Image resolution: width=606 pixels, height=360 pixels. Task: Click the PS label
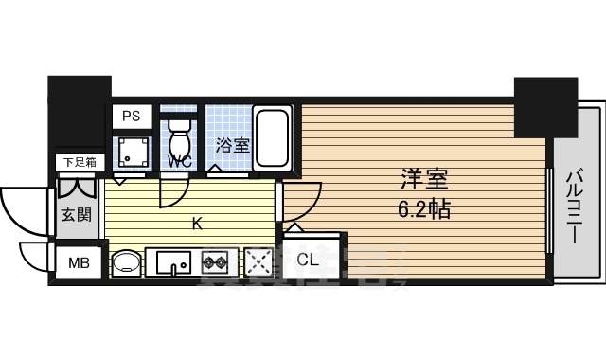[x=131, y=117]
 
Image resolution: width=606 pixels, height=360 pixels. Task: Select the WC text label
[x=180, y=162]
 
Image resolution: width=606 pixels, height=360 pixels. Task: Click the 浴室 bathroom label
[x=232, y=145]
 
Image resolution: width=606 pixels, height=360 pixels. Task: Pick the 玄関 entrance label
[x=77, y=214]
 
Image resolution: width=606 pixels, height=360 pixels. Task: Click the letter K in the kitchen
[x=197, y=224]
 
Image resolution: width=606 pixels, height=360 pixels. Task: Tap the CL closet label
[x=308, y=259]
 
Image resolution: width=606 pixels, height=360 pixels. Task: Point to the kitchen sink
[x=170, y=261]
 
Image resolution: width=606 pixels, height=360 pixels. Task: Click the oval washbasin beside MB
[x=125, y=261]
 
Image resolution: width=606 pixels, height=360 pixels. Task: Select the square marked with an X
[x=258, y=261]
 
